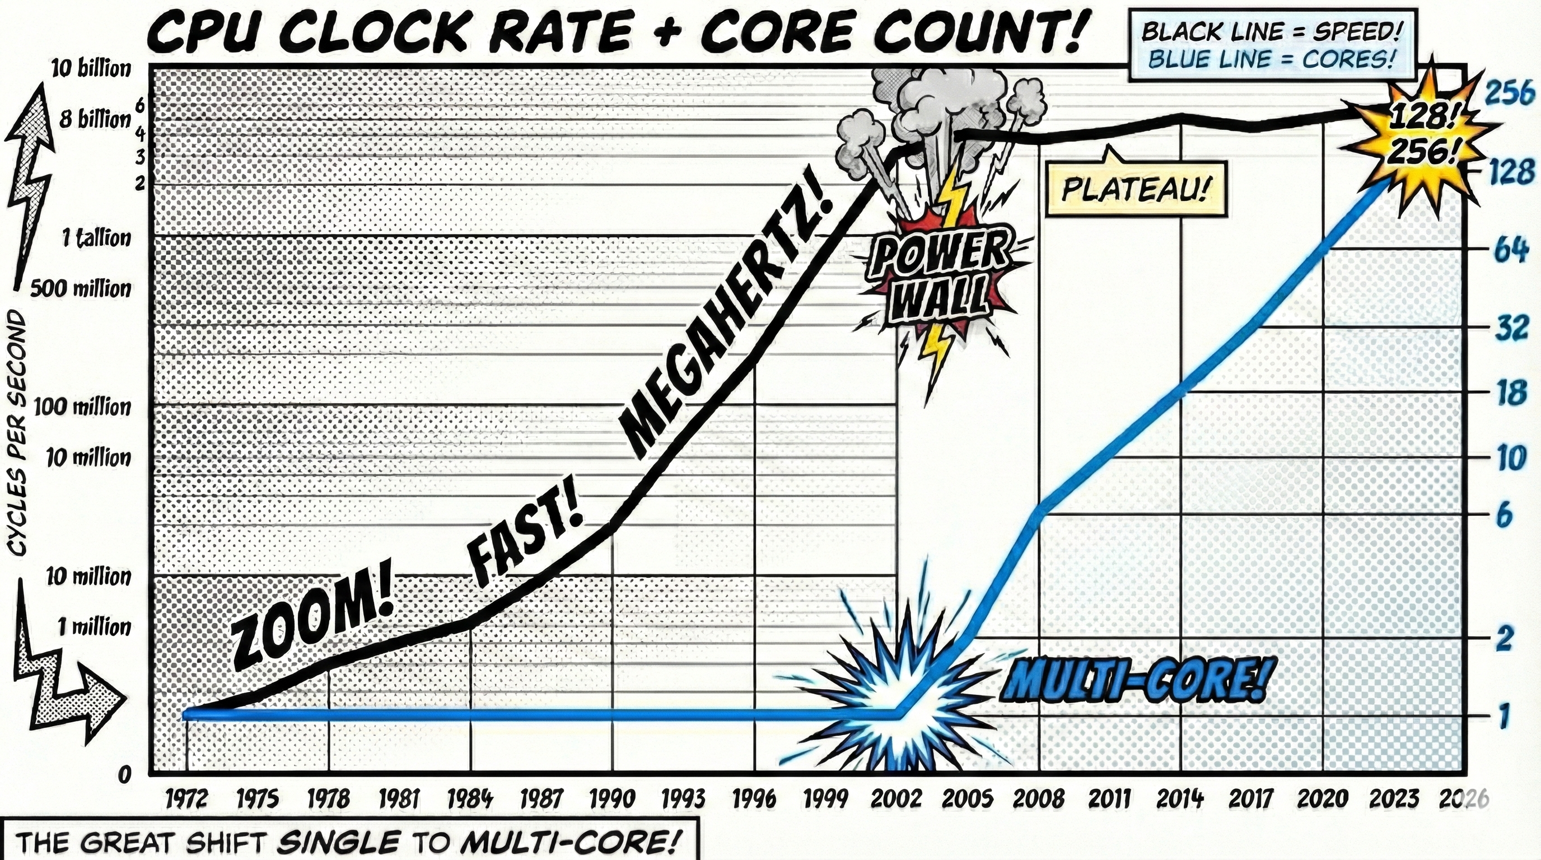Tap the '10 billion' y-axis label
(x=91, y=69)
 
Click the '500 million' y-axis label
(x=81, y=289)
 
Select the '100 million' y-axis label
(x=82, y=407)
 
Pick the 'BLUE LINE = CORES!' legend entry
(x=1271, y=59)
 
